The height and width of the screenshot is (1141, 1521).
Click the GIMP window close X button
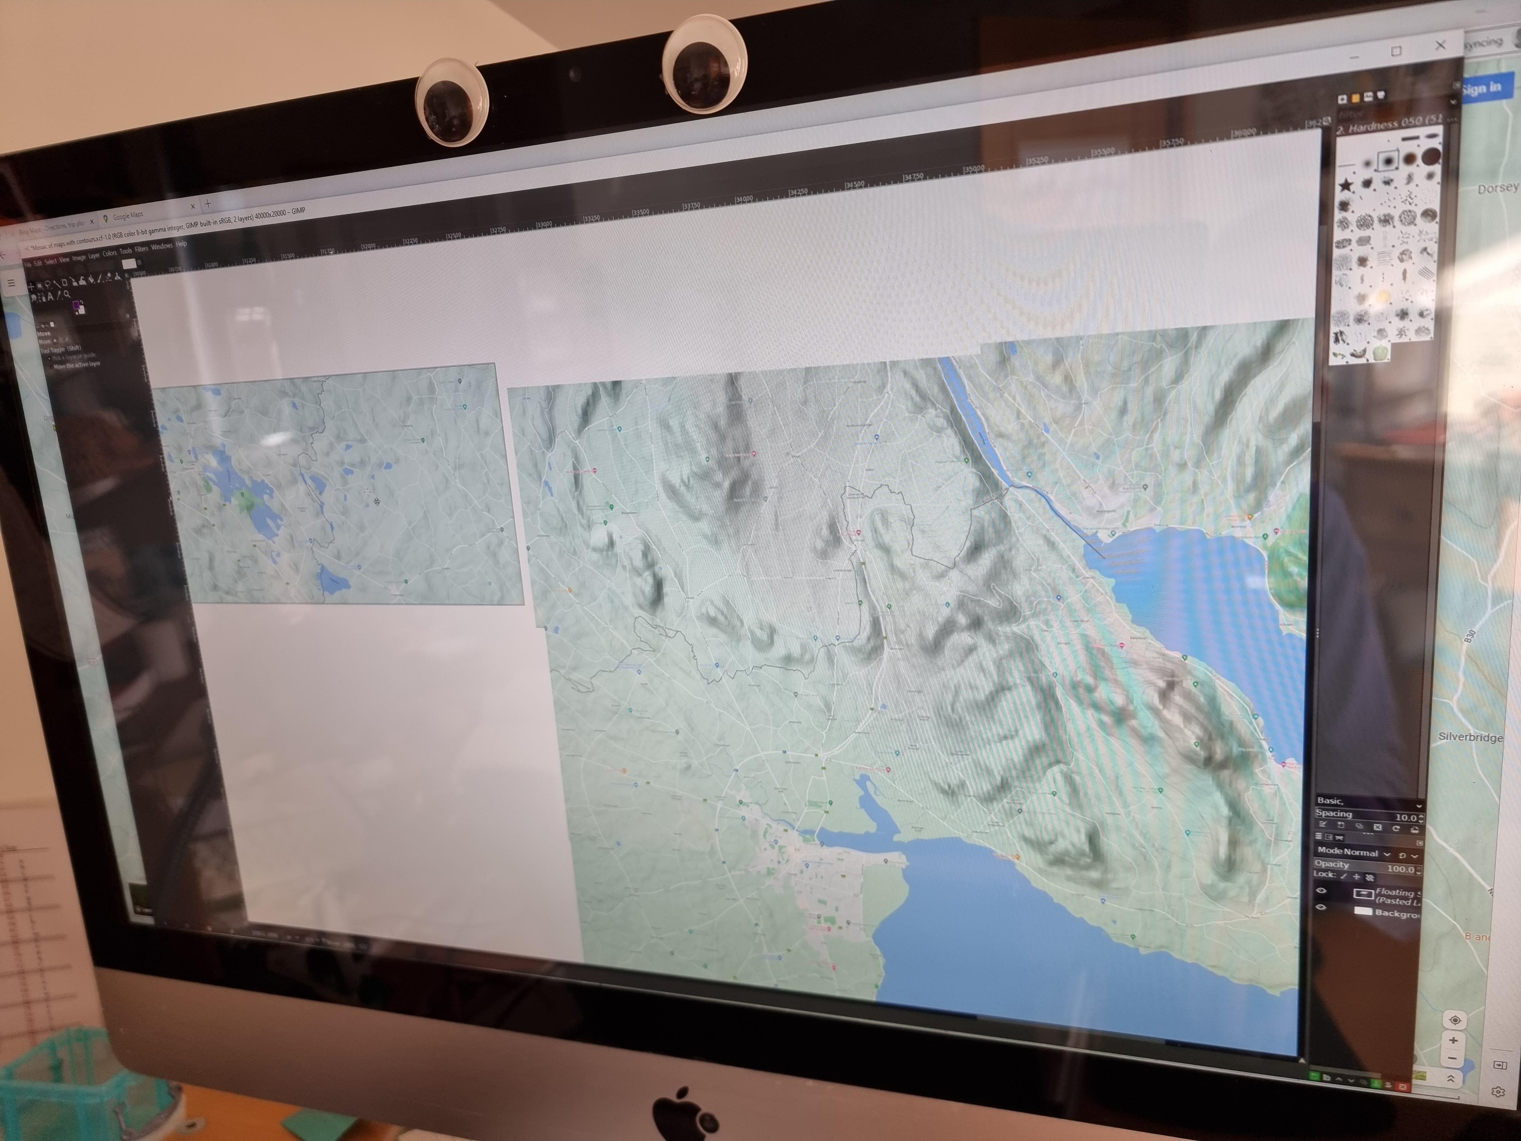click(1440, 45)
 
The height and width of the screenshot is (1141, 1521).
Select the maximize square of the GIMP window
click(1396, 51)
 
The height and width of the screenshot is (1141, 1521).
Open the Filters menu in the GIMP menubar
click(142, 249)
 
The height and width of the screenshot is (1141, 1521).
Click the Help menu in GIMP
click(181, 244)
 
